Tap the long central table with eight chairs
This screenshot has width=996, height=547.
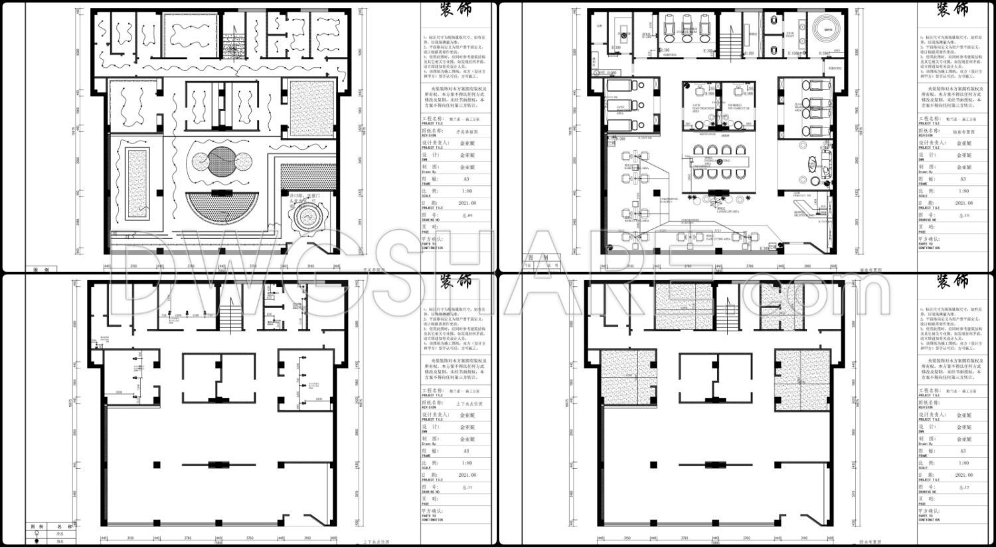pos(717,161)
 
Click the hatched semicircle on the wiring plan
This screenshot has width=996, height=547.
pos(220,208)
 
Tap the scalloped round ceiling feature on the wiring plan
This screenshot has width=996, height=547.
pos(307,216)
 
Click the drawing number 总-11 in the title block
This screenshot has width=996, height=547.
pos(467,488)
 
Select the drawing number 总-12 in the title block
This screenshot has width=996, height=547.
pos(964,488)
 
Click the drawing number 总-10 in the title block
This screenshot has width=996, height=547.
pos(964,215)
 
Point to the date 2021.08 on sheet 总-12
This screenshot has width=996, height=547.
pos(964,475)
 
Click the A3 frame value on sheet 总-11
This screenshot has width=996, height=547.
pos(467,451)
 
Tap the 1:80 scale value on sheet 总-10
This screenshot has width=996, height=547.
pos(964,191)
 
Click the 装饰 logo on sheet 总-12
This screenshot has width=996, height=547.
pos(952,282)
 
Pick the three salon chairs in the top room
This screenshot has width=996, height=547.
pos(687,28)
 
